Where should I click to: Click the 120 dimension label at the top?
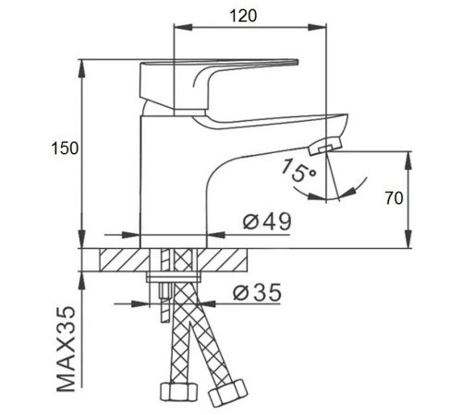pos(243,16)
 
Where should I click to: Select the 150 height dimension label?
pos(65,148)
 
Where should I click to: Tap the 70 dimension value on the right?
pos(394,198)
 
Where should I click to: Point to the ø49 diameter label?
pos(267,221)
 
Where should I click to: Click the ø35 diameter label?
pos(257,292)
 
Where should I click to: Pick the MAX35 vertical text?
pos(67,349)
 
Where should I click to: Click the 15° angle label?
pos(298,171)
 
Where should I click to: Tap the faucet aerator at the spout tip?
pos(325,146)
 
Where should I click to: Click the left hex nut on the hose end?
pos(178,391)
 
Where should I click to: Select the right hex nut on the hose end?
pos(227,393)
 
